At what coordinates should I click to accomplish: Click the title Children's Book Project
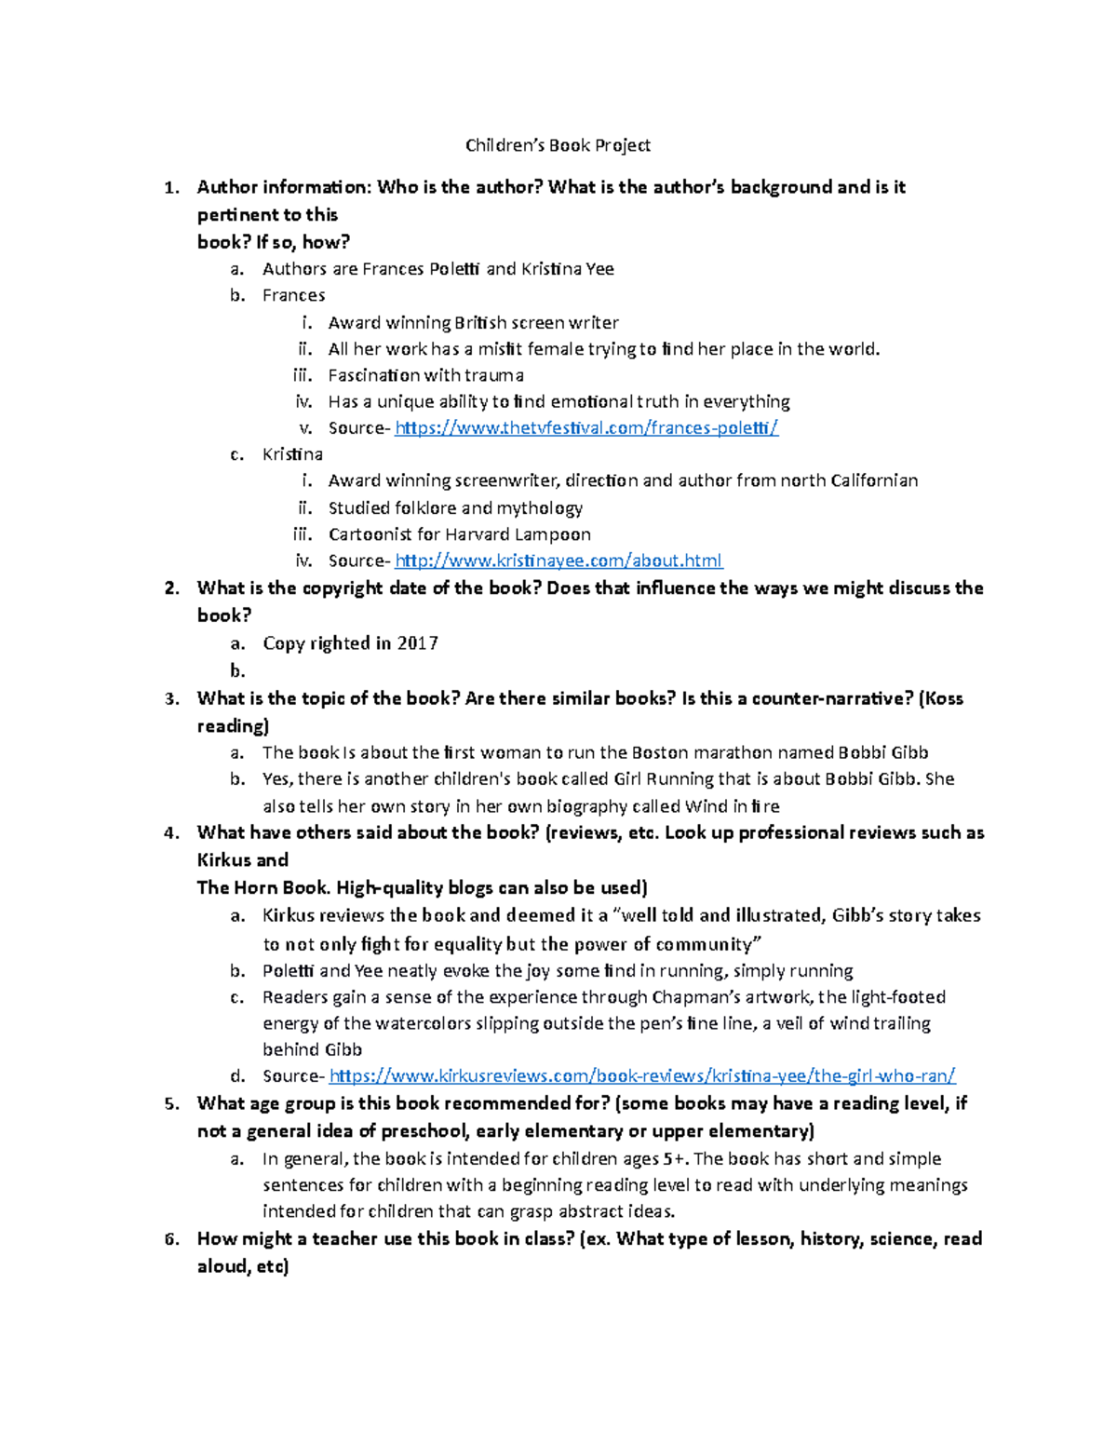558,145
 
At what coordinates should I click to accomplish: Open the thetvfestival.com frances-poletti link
586,428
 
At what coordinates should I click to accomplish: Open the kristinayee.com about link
558,561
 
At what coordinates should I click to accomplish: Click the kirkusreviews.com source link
642,1076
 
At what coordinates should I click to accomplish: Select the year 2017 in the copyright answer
417,643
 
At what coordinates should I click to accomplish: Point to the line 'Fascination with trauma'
425,375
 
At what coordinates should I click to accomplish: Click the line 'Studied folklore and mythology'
455,508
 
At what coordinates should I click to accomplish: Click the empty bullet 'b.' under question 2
237,671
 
